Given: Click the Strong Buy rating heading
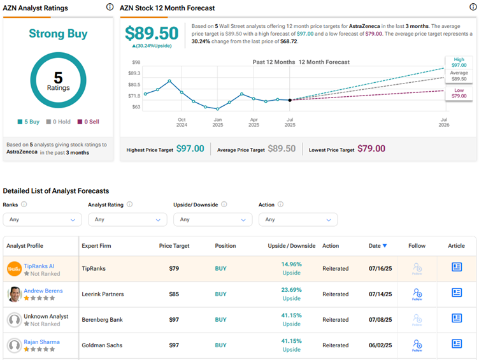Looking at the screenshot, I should [58, 34].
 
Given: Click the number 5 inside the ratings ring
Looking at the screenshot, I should [58, 77].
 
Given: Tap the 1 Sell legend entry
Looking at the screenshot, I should [88, 122].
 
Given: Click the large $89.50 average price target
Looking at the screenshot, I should [151, 34].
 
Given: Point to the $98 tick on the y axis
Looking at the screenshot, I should [136, 62].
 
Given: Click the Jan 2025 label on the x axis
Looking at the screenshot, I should [218, 122].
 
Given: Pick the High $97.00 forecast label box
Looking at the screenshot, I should [459, 62].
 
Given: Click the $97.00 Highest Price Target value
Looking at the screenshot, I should [190, 148].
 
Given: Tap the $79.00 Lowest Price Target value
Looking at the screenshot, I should [371, 148].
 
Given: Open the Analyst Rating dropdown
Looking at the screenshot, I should [127, 219].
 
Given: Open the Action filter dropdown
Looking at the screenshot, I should [297, 219].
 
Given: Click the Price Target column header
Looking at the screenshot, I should [175, 246].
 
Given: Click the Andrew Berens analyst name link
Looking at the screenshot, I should [43, 291].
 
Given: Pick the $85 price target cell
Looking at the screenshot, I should [174, 294].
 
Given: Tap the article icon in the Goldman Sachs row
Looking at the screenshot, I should [457, 344].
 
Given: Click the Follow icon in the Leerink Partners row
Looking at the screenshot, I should [417, 294].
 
